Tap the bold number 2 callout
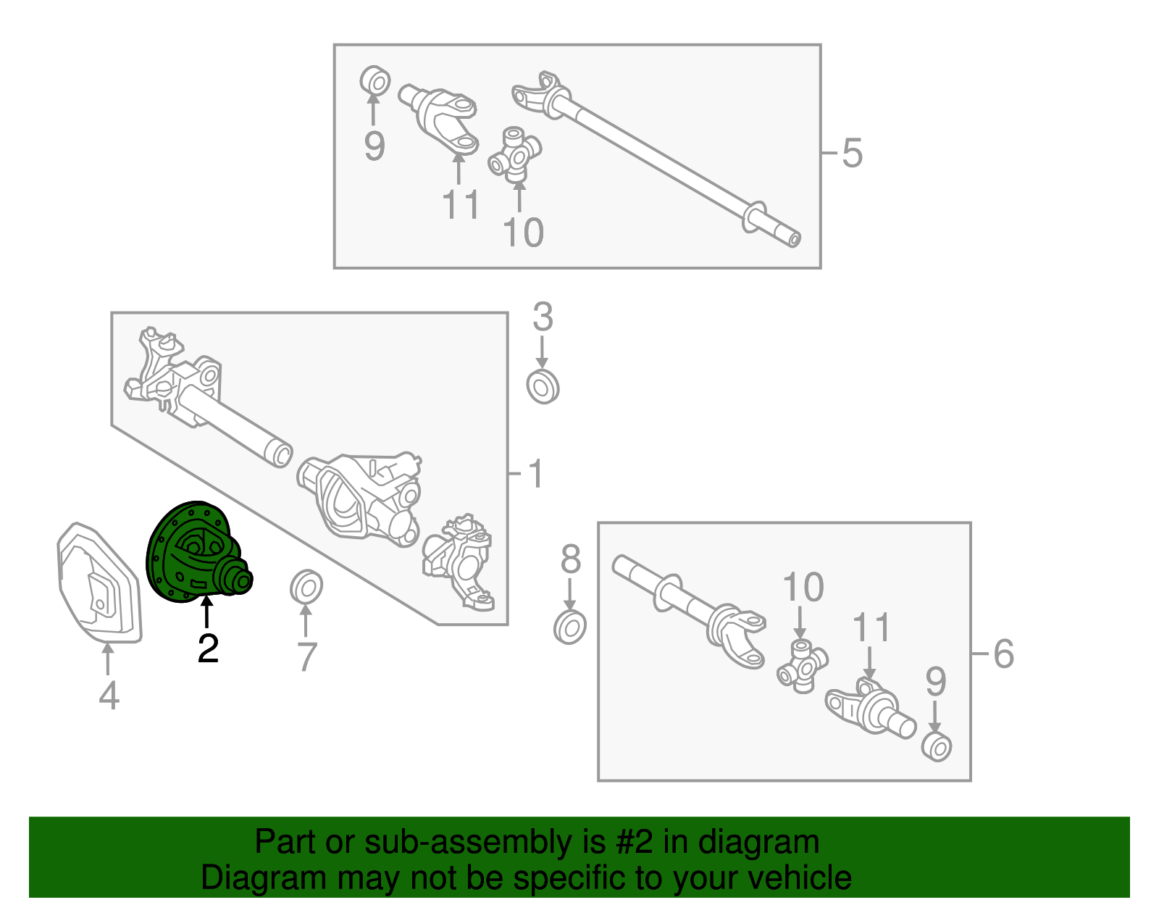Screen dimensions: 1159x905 point(208,648)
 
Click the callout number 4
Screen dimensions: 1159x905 point(109,696)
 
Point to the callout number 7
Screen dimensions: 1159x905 point(306,656)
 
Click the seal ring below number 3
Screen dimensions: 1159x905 point(543,386)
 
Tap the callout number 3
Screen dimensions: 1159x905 point(543,317)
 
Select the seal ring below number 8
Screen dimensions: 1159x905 point(570,627)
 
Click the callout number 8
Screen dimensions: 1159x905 point(571,559)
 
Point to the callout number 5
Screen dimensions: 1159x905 point(852,153)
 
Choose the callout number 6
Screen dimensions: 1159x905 point(1003,654)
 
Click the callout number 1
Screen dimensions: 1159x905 point(535,473)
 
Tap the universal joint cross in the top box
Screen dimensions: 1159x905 point(515,154)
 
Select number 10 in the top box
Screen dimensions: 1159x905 point(523,233)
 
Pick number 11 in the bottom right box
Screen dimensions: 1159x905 point(871,627)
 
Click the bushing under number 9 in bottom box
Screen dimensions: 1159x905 point(937,747)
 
